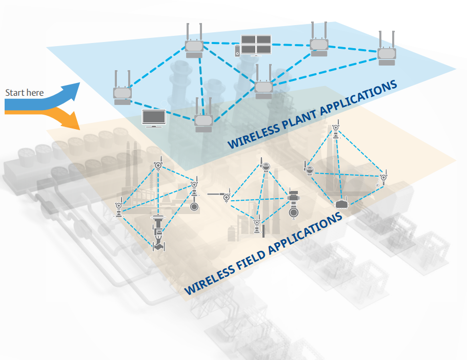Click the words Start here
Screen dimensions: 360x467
point(24,93)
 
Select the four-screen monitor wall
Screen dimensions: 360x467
point(256,44)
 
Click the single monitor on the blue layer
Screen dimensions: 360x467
point(153,118)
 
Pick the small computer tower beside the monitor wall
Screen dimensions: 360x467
point(237,51)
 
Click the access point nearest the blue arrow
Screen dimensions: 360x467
point(123,92)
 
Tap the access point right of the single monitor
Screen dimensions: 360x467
point(203,120)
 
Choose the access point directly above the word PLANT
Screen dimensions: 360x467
point(263,86)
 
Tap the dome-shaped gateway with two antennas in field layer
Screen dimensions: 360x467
point(342,204)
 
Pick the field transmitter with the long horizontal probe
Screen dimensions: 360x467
point(224,196)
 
